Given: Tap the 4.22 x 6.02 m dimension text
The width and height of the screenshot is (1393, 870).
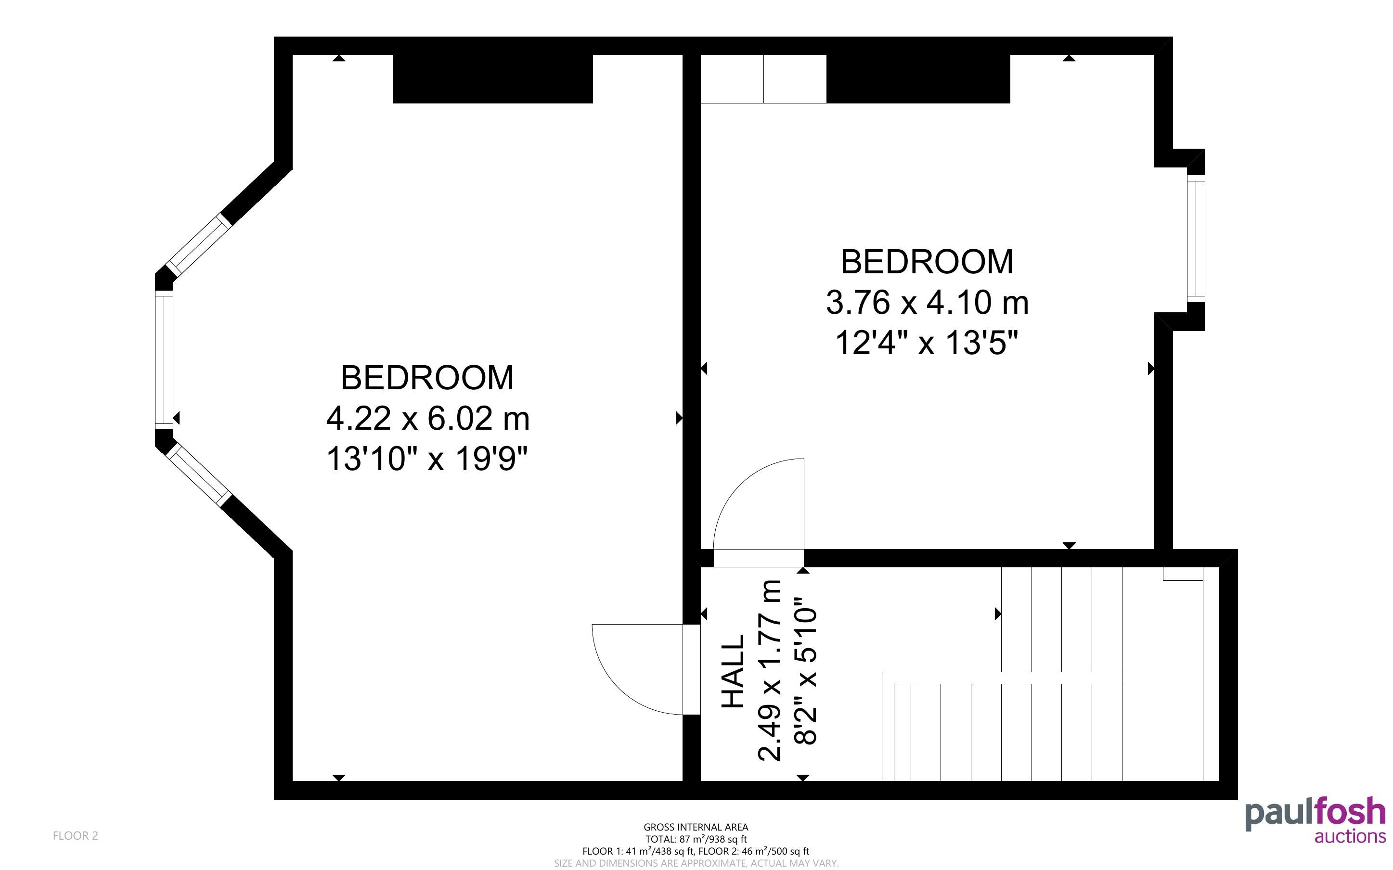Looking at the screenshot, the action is click(427, 418).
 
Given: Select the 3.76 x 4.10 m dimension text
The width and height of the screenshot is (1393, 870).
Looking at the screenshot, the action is click(927, 302).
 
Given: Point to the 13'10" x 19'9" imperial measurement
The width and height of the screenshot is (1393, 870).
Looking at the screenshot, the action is click(427, 459).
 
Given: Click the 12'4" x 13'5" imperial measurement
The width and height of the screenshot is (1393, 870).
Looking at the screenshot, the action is click(927, 343).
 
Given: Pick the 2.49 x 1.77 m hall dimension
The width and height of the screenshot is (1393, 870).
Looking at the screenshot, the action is click(770, 671).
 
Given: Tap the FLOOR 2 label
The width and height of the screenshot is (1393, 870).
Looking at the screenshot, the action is click(76, 835).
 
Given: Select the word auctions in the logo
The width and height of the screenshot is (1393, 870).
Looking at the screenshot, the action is click(1350, 836).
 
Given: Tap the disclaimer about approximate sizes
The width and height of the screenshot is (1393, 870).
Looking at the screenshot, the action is click(696, 863).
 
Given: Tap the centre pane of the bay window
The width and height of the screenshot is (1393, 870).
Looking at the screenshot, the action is click(164, 359).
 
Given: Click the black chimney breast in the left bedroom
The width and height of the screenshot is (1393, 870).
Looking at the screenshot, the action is click(492, 79).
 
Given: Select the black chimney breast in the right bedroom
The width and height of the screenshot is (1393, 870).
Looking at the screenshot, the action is click(918, 79).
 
